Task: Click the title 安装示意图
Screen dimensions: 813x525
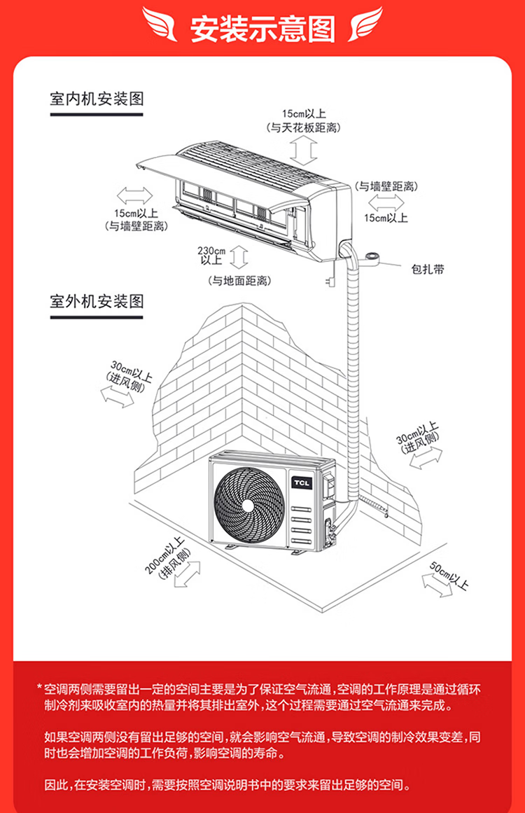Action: click(x=262, y=29)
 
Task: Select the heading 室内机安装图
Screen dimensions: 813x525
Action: click(x=97, y=99)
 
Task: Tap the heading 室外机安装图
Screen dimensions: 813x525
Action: click(x=97, y=302)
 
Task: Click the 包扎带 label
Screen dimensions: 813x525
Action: click(x=427, y=270)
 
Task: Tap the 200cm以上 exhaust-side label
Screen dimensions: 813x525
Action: click(x=166, y=557)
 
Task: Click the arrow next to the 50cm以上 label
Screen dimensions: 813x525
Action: click(x=437, y=584)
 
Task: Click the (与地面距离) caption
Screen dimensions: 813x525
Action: click(x=239, y=281)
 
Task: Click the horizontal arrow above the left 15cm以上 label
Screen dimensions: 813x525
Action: click(x=134, y=195)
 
